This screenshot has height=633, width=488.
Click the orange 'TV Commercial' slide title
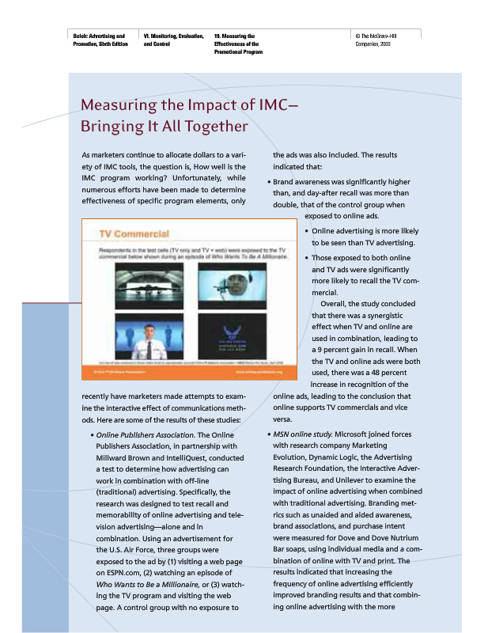click(x=134, y=234)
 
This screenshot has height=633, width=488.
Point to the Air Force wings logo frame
click(x=232, y=337)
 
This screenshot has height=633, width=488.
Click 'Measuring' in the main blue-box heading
click(x=115, y=106)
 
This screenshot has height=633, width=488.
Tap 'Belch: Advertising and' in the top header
click(x=99, y=36)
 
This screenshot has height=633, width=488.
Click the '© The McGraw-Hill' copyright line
click(x=381, y=36)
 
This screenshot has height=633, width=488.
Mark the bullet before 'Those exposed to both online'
click(x=307, y=259)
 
